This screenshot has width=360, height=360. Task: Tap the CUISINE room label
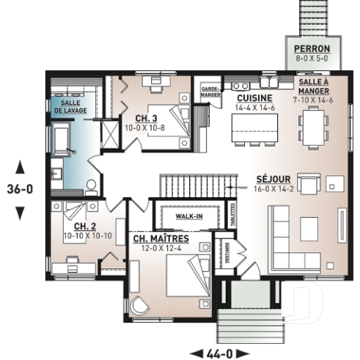[x=254, y=98]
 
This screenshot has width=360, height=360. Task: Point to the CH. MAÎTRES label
[x=161, y=239]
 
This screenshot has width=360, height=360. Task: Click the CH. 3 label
[x=144, y=117]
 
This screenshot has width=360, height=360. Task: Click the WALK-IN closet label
[x=188, y=217]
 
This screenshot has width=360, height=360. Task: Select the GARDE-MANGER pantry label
[x=211, y=92]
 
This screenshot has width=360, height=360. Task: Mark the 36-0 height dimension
[x=20, y=189]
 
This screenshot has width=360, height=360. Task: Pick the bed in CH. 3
[x=179, y=120]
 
